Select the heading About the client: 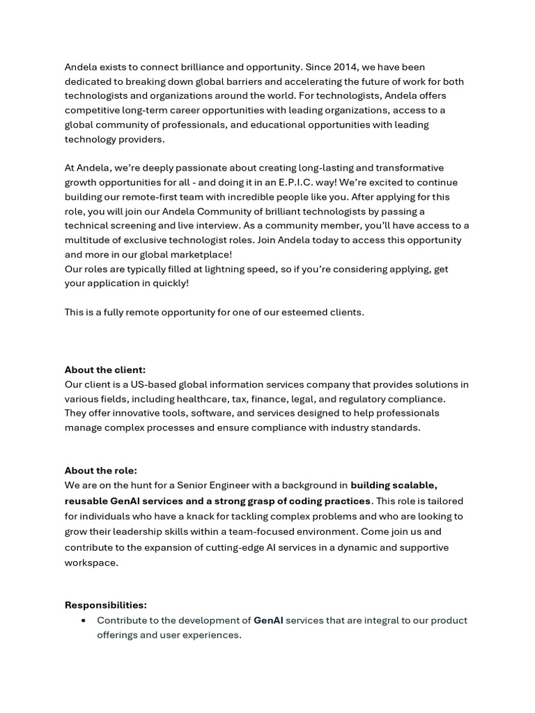(105, 370)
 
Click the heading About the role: (101, 470)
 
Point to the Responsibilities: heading (106, 604)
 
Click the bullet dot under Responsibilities (84, 620)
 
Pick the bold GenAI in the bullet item (268, 620)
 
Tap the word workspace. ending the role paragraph (91, 563)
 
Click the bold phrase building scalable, (394, 485)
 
